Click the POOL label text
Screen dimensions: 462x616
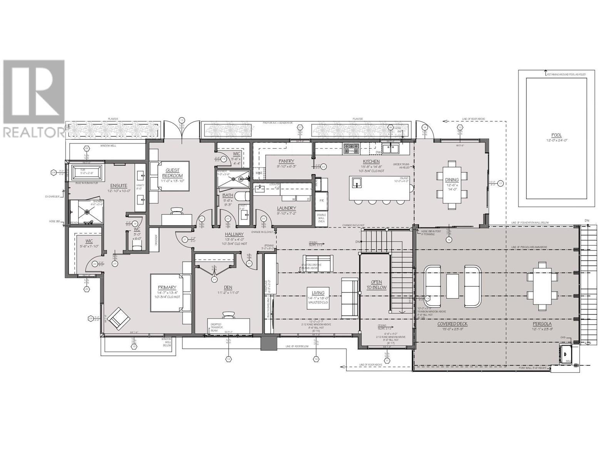tap(556, 135)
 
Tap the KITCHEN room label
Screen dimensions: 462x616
tap(371, 162)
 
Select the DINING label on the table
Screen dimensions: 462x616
tap(452, 180)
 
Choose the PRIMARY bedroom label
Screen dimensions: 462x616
tap(167, 287)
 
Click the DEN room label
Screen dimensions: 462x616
tap(229, 287)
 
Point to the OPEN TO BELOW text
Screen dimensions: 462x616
tap(376, 285)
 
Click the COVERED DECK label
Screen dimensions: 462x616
tap(452, 324)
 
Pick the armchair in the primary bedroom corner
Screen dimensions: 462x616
tap(119, 318)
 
